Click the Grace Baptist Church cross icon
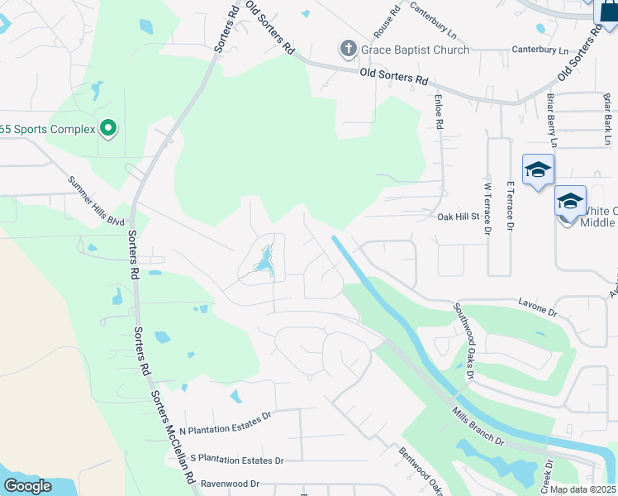coord(348,50)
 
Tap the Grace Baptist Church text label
coord(414,50)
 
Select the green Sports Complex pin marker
coord(107,128)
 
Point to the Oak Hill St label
coord(459,217)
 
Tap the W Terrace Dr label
coord(487,206)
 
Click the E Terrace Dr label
coord(510,206)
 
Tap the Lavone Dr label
coord(538,308)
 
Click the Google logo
coord(28,486)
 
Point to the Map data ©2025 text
coord(583,489)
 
